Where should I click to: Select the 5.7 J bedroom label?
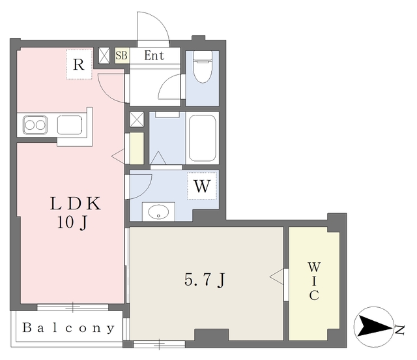205,280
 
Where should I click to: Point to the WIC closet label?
314,281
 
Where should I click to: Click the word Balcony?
68,328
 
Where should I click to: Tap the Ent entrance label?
154,55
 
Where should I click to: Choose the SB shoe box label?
122,55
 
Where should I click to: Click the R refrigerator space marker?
79,65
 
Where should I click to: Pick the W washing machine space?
202,187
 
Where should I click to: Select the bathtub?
202,138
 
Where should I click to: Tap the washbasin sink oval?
158,211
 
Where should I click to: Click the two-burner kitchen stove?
35,124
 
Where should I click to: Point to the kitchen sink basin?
69,124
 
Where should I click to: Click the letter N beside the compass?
399,327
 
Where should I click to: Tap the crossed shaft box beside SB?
104,55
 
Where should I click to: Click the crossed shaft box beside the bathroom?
137,119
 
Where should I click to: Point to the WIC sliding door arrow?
276,276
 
